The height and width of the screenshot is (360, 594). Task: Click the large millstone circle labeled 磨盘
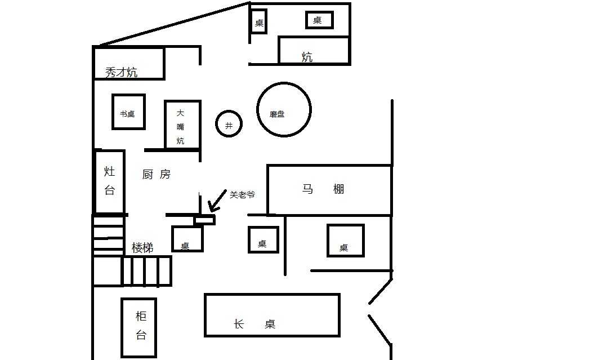(x=284, y=110)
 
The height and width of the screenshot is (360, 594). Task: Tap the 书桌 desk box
(x=128, y=112)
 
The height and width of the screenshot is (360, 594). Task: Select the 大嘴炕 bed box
(x=182, y=125)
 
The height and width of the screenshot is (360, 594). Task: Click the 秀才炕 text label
(x=121, y=72)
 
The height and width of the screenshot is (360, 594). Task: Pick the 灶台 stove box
(x=109, y=181)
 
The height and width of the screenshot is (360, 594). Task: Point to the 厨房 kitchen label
(x=156, y=175)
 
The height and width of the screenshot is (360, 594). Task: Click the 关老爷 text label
(x=242, y=194)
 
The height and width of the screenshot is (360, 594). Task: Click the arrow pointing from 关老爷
(x=215, y=202)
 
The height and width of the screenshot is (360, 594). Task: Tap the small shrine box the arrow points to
(x=205, y=220)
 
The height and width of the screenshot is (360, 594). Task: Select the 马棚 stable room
(x=329, y=190)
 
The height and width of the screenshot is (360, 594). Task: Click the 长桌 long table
(x=272, y=315)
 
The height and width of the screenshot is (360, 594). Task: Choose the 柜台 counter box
(x=139, y=327)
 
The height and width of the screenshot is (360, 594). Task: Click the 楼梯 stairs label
(x=142, y=247)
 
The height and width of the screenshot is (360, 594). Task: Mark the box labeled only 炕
(x=314, y=50)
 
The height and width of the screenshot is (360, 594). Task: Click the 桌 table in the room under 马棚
(x=346, y=241)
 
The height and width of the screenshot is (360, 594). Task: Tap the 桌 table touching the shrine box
(x=187, y=239)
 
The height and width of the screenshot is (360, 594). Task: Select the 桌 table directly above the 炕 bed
(x=319, y=20)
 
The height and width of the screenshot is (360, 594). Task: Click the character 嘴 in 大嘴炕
(x=180, y=126)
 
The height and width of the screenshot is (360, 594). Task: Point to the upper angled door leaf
(x=381, y=291)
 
